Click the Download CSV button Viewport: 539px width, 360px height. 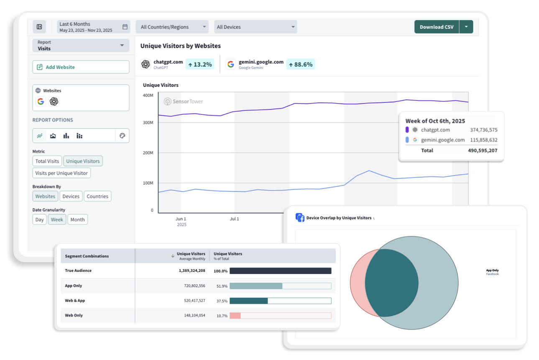pos(437,27)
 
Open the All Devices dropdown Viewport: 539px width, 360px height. pos(255,27)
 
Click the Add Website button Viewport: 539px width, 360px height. pos(81,67)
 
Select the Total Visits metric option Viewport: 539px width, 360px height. pos(47,161)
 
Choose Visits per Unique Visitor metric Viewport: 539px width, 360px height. pos(61,173)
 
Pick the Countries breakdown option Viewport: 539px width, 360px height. pos(97,196)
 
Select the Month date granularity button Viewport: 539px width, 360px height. pos(77,220)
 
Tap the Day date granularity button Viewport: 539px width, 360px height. pos(39,220)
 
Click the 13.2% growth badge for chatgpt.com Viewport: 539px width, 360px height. pos(200,64)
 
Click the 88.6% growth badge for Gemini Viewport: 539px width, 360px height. pos(300,64)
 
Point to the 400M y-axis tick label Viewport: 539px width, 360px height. pos(148,95)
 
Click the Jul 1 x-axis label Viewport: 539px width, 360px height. pos(235,219)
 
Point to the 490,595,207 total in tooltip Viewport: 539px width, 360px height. pos(482,151)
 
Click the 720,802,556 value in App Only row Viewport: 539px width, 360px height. pos(192,286)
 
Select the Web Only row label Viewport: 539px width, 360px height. pos(74,315)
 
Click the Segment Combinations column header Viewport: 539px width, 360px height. pos(87,256)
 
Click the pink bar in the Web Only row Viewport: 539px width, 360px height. pos(235,316)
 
